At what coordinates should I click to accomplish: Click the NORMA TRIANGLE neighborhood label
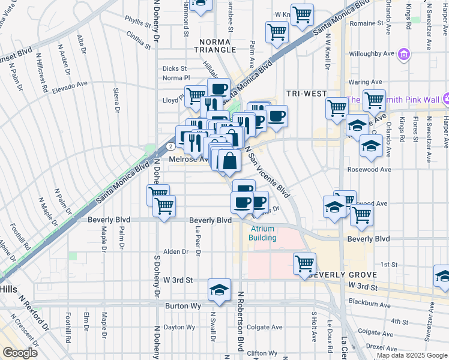click(215, 45)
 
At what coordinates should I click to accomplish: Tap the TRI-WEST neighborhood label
click(306, 94)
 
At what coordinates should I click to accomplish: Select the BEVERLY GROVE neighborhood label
click(342, 275)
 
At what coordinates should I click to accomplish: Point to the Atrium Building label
click(263, 233)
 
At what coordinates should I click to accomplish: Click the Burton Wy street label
click(182, 305)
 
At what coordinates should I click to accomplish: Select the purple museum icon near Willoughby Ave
click(405, 56)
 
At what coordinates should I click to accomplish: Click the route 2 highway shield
click(172, 146)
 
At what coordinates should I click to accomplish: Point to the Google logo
click(20, 352)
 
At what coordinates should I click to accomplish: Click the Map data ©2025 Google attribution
click(412, 355)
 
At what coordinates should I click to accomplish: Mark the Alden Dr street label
click(176, 252)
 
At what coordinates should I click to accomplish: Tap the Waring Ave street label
click(365, 82)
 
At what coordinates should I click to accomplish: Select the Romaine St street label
click(366, 23)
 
